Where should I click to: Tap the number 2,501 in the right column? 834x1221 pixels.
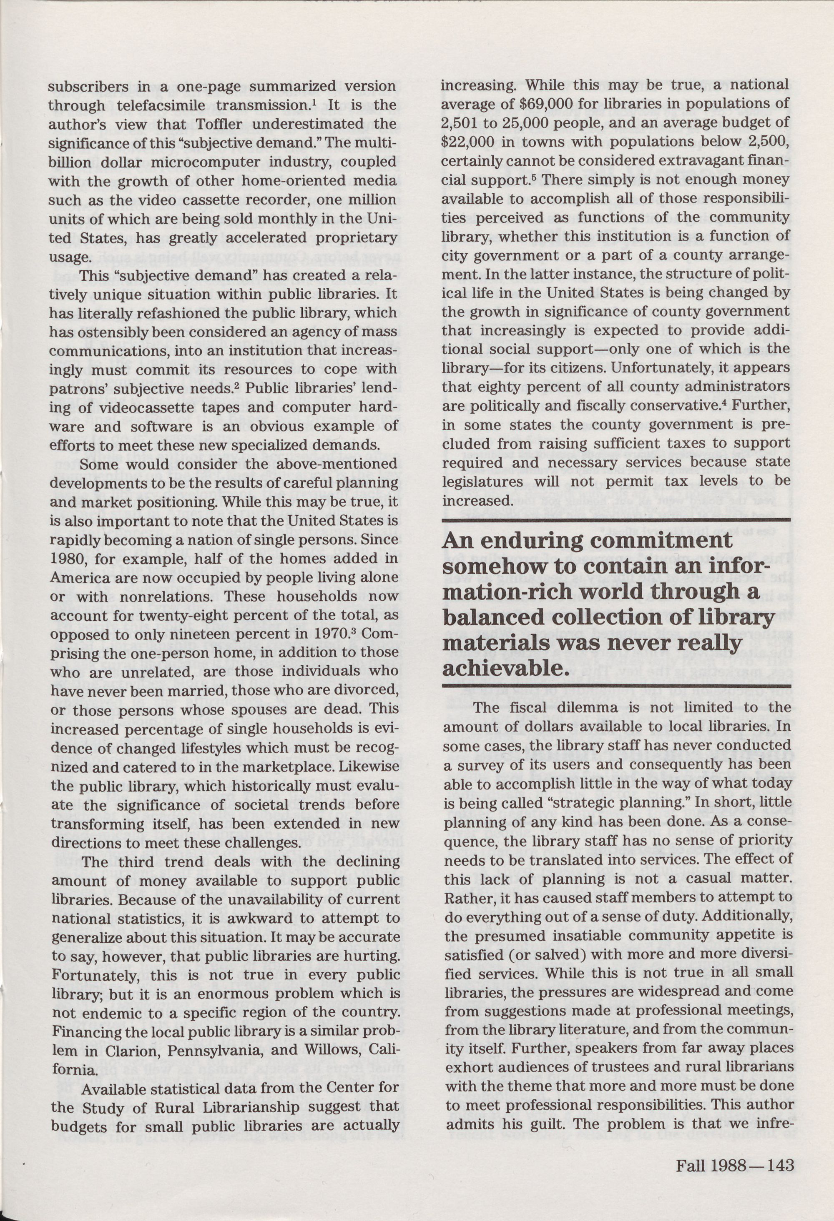coord(462,123)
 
